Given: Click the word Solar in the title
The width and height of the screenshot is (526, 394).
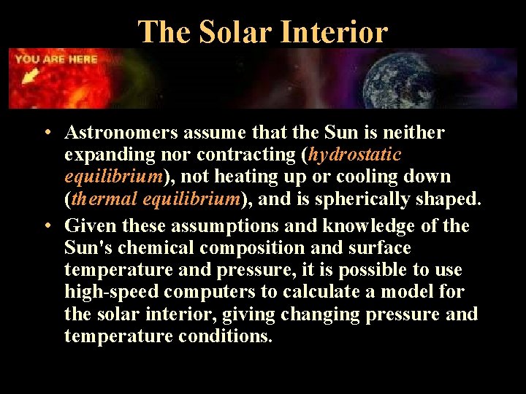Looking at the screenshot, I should [x=232, y=32].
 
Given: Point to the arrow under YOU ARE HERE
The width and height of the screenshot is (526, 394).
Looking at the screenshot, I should [x=31, y=75].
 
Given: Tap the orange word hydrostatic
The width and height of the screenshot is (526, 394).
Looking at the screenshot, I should [x=355, y=155].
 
